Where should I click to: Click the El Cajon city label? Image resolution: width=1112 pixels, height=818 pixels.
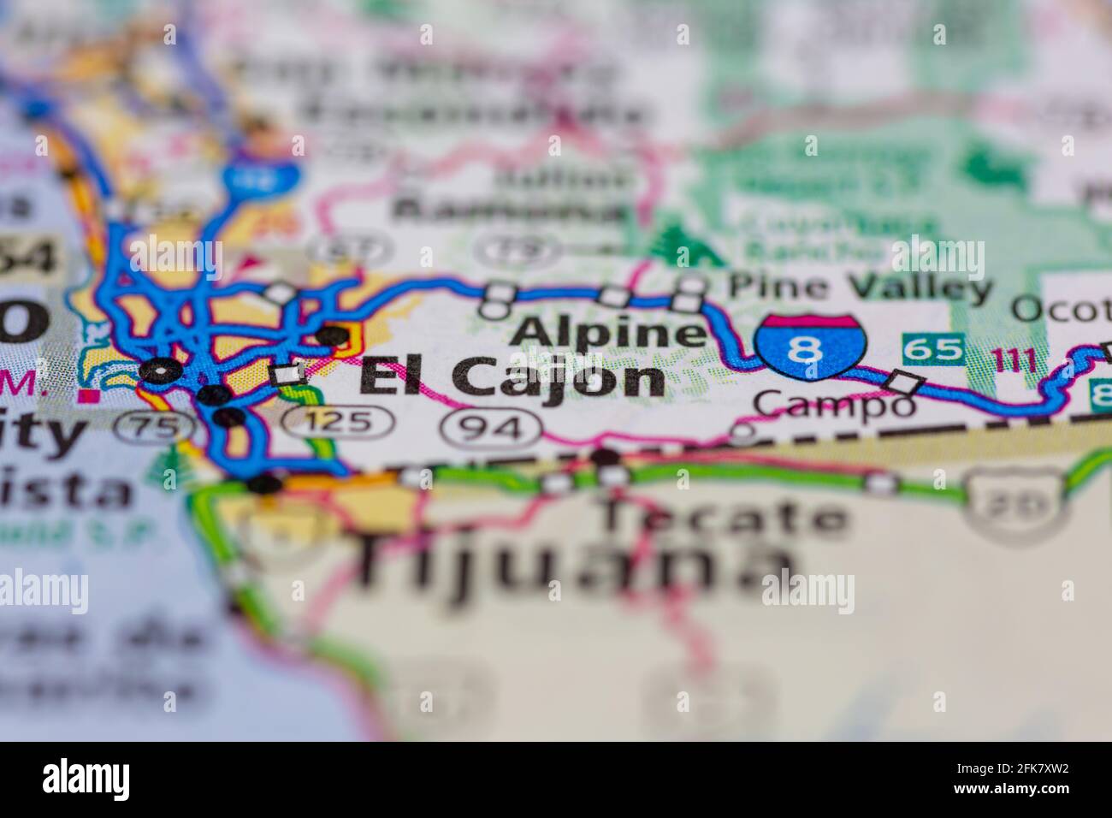coord(512,377)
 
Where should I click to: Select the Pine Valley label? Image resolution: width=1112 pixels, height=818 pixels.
coord(860,286)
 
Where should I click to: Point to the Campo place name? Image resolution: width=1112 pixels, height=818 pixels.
coord(834,404)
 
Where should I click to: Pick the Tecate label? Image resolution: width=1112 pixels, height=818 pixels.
coord(724,517)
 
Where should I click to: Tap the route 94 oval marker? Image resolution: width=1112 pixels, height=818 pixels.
coord(496,426)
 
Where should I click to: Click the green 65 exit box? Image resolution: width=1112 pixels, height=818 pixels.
coord(934,349)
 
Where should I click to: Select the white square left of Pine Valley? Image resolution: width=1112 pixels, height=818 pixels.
coord(690,285)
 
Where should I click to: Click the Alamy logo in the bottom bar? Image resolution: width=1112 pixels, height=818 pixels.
coord(86,779)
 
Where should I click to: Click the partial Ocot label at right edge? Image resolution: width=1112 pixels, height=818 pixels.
coord(1061,308)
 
